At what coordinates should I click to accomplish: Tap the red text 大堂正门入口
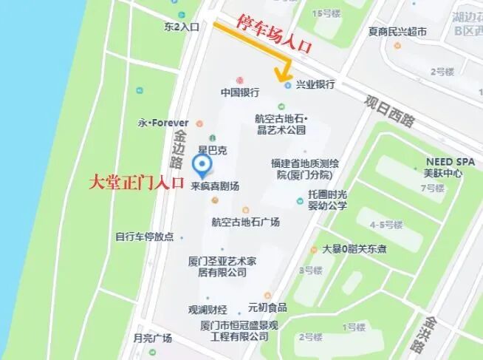click(135, 183)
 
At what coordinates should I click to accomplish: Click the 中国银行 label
click(239, 92)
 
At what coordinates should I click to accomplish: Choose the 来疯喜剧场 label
click(215, 186)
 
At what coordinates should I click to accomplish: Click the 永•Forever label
click(163, 122)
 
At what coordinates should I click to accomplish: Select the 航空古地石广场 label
click(245, 221)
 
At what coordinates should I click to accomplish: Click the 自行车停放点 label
click(144, 237)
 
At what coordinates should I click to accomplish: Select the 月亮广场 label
click(152, 338)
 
